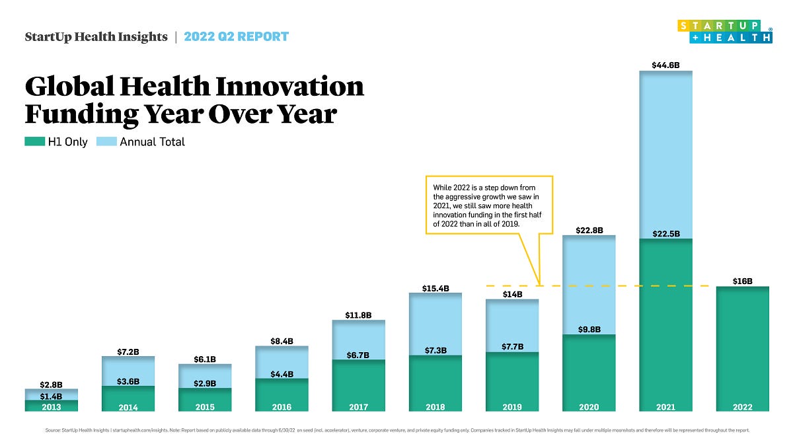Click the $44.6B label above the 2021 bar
665,65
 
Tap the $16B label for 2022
742,281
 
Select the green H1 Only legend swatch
34,141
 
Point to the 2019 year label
511,407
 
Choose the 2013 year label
51,407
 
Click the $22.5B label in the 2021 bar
665,233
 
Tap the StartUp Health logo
724,32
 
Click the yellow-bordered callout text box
488,205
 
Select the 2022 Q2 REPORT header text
236,36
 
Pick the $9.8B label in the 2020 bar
589,329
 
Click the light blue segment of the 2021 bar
665,152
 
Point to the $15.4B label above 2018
435,288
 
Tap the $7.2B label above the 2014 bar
128,352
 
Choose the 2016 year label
282,407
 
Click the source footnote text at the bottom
397,430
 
